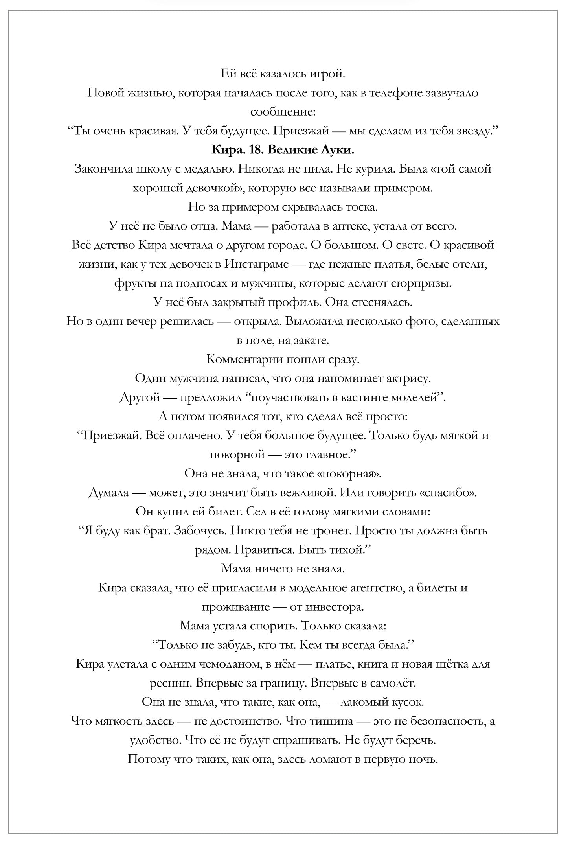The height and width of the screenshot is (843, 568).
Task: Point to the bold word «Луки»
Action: pos(338,150)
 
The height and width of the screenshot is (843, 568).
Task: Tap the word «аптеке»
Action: pos(349,226)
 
